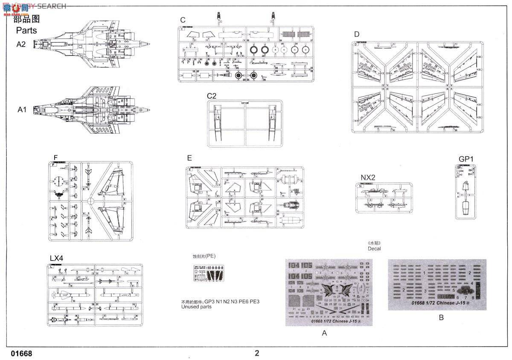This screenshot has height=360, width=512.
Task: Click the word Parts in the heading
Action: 26,30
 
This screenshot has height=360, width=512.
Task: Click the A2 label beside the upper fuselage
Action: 21,44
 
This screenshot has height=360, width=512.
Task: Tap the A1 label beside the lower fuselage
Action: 22,110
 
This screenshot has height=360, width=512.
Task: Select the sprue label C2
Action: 211,96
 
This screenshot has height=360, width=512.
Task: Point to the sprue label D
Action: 357,34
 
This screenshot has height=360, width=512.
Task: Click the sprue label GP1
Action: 466,159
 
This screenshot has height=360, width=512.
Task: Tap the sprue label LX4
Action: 56,258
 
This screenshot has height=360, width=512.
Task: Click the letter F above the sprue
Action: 55,157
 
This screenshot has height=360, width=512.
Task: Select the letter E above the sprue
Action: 189,158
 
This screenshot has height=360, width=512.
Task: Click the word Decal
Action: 374,249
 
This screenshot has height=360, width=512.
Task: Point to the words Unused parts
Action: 196,307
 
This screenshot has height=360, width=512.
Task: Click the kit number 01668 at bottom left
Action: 21,354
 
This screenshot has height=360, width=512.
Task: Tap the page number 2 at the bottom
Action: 257,353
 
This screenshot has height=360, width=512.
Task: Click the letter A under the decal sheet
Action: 324,333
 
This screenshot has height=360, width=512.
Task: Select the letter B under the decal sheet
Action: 441,317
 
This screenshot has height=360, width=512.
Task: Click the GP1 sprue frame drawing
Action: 465,192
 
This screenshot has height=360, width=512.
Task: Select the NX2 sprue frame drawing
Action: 384,197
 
